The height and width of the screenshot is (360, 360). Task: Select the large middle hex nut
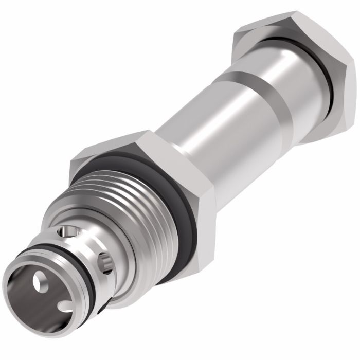(x=154, y=170)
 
